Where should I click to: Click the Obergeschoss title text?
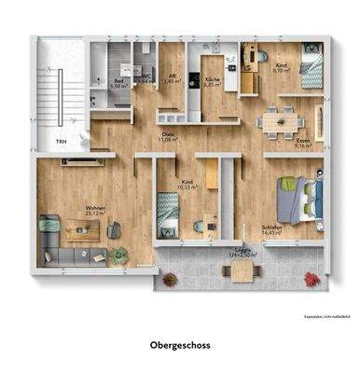coord(180,345)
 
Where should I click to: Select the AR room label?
coord(171,79)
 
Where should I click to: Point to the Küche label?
coord(212,81)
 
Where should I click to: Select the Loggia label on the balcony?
coord(242,253)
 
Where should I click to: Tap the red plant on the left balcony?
coord(169,278)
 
